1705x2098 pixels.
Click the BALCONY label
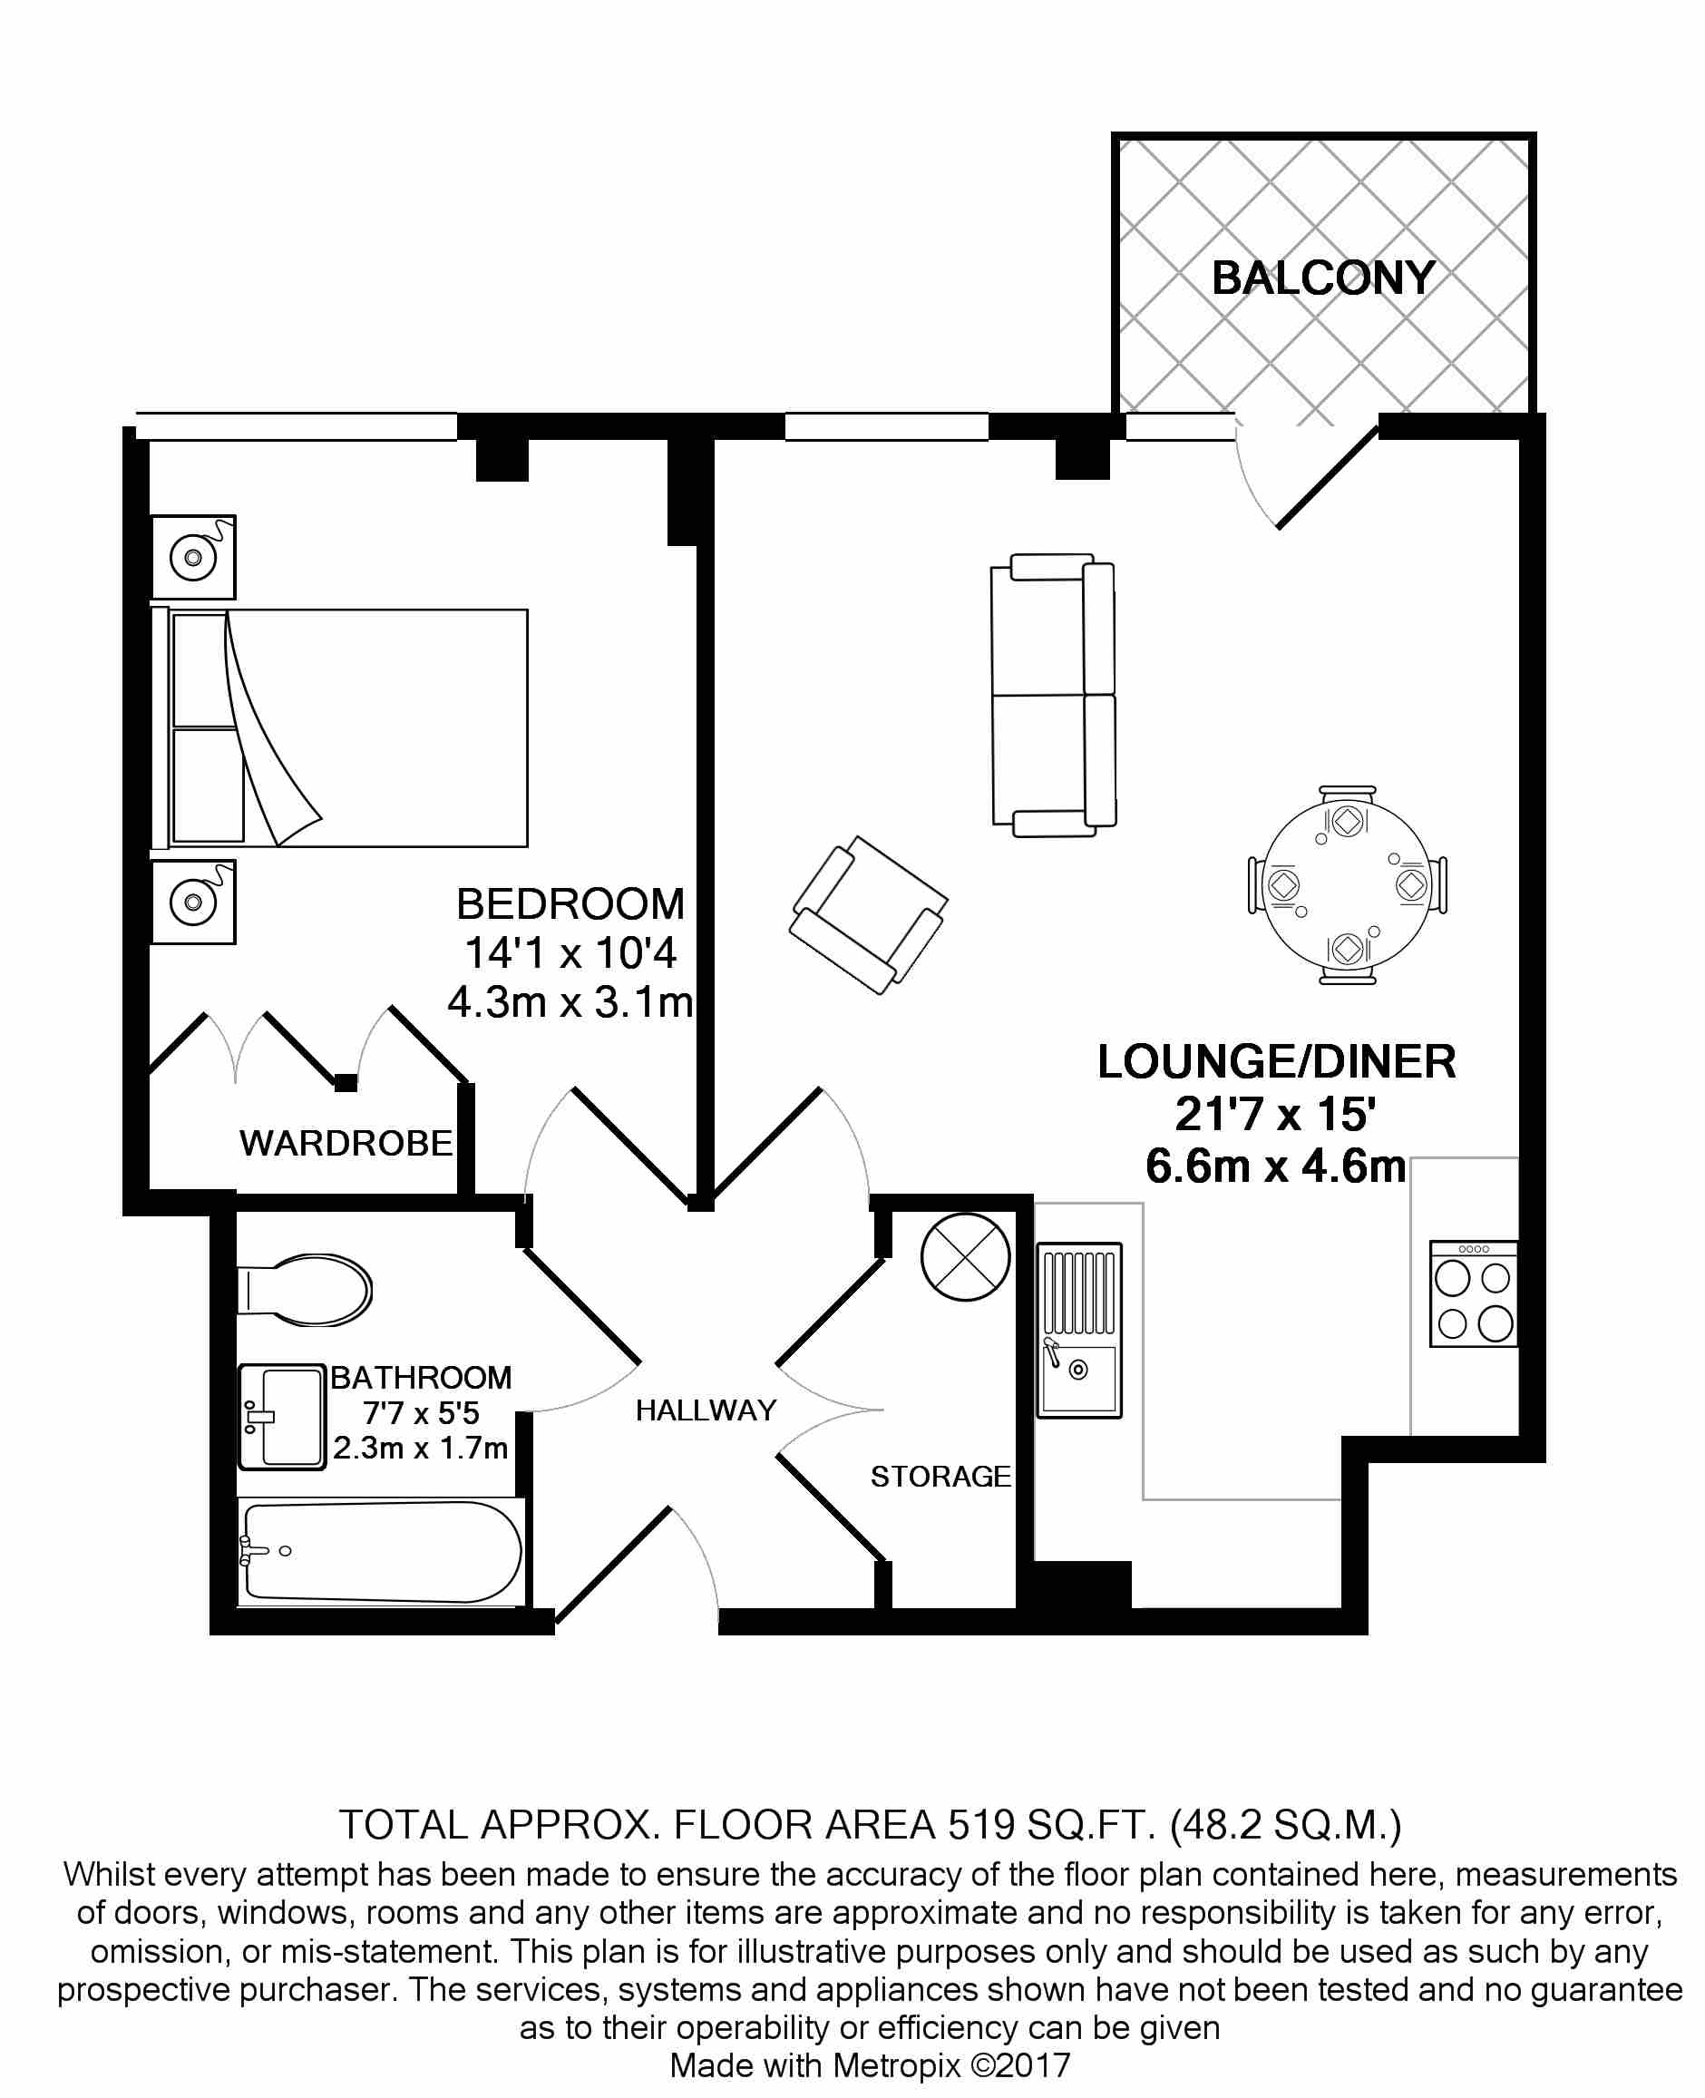click(x=1323, y=278)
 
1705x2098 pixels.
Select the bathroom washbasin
click(x=283, y=1416)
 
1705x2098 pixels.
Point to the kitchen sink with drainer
click(x=1079, y=1330)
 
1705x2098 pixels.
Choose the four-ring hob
click(x=1473, y=1293)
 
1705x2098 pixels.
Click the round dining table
click(x=1347, y=885)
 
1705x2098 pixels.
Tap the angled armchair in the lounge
click(x=868, y=914)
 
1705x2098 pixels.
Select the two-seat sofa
click(x=1053, y=696)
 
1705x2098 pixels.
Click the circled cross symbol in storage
click(x=966, y=1257)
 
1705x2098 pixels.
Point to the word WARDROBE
click(x=346, y=1143)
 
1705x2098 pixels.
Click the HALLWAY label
click(x=706, y=1410)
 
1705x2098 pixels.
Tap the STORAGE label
click(x=940, y=1477)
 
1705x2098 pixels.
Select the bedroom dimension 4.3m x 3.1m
click(x=570, y=1003)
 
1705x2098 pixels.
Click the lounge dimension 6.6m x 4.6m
click(x=1275, y=1166)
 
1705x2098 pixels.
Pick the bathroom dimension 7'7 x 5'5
click(x=421, y=1413)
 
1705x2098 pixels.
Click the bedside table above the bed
click(x=193, y=557)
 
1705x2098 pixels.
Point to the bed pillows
click(x=206, y=727)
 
